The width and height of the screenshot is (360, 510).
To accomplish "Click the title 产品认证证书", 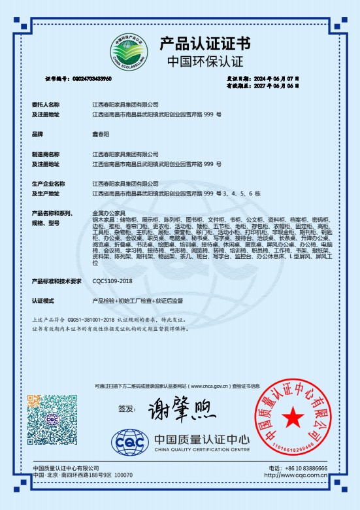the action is [x=205, y=44].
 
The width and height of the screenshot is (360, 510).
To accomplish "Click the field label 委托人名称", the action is [x=45, y=104].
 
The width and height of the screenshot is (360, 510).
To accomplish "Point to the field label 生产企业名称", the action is [x=48, y=184].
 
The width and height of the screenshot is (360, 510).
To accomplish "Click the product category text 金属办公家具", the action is [x=108, y=214].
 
